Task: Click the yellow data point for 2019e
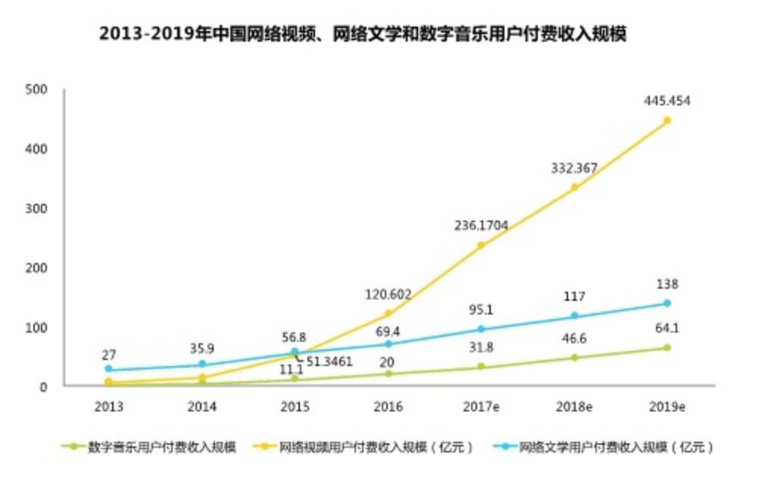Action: tap(667, 120)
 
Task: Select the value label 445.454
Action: tap(667, 101)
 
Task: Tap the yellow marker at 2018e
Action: tap(574, 186)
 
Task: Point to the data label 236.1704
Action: tap(481, 225)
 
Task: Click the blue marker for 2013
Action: tap(108, 370)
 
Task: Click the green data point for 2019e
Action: tap(667, 348)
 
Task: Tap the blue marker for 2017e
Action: tap(481, 329)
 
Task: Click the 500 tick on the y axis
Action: tap(36, 89)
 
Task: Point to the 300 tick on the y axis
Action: tap(36, 208)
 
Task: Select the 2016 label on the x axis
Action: tap(388, 407)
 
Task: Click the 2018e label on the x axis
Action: tap(574, 407)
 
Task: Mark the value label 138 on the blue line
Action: tap(667, 285)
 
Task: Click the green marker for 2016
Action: tap(388, 374)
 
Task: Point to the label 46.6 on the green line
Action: tap(574, 339)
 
